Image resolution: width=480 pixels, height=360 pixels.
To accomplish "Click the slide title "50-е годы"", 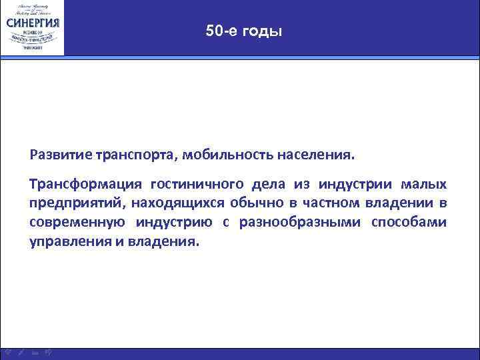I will (244, 31).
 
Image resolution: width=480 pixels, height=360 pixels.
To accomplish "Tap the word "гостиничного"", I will (197, 184).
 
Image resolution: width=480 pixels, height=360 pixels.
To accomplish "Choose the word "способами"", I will (413, 222).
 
